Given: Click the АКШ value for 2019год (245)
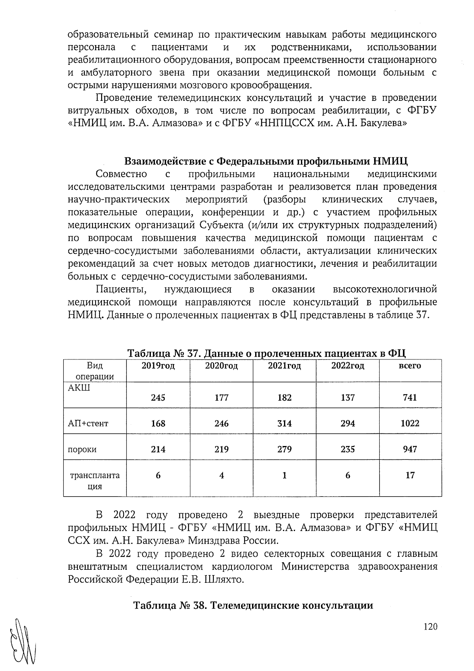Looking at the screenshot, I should click(158, 397).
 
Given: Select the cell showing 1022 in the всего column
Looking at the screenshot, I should click(410, 423).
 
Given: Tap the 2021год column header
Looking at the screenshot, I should click(284, 366).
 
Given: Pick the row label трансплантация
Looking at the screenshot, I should click(95, 480).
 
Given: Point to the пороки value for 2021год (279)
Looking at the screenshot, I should click(284, 449).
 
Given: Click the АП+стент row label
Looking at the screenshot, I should click(88, 423).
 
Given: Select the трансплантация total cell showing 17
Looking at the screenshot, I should click(410, 475).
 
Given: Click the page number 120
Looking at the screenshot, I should click(430, 627).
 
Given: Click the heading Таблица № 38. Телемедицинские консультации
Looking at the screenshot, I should click(253, 605).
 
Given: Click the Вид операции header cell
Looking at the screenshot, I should click(95, 371).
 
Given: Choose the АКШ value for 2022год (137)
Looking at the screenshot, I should click(348, 397).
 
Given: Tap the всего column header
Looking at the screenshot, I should click(410, 366).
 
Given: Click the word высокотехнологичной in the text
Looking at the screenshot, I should click(385, 289).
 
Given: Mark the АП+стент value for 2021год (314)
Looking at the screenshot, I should click(284, 423).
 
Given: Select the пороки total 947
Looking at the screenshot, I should click(410, 449).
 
